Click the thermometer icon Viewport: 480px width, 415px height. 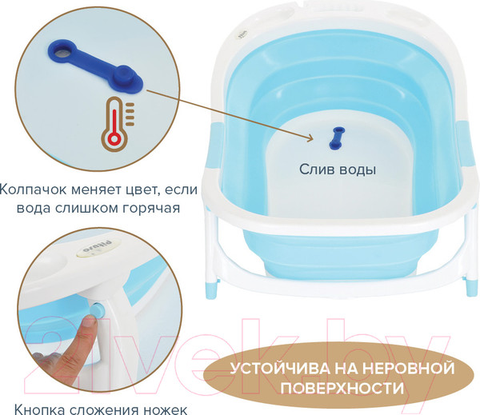tap(118, 125)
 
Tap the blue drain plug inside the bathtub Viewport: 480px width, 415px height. tap(337, 138)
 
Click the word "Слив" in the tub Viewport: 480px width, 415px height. tap(316, 170)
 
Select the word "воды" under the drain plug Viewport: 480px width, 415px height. tap(357, 170)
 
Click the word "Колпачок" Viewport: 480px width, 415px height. tap(33, 190)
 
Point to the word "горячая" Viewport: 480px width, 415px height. tap(151, 209)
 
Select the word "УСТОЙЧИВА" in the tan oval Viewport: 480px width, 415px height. tap(279, 368)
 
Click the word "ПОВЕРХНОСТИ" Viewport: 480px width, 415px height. tap(342, 388)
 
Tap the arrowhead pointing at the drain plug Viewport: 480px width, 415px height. tap(309, 138)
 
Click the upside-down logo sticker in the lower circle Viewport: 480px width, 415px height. tap(98, 249)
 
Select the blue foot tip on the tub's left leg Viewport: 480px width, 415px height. tap(211, 290)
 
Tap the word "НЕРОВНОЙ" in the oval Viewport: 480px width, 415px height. tap(394, 368)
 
